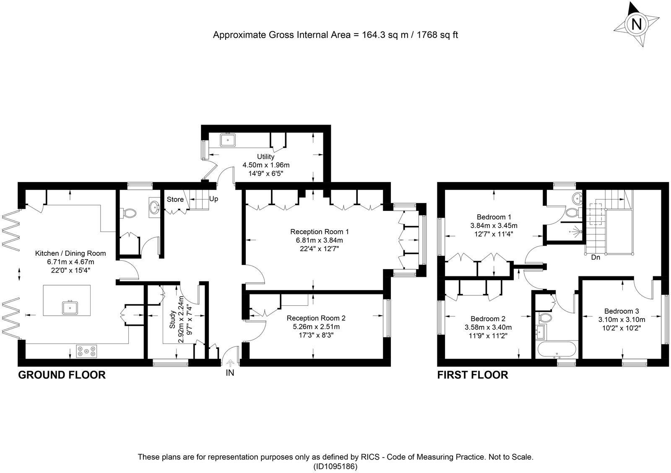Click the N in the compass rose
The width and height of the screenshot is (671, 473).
[x=636, y=25]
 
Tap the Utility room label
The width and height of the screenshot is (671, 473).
[x=265, y=156]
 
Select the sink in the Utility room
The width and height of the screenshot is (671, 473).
[x=228, y=140]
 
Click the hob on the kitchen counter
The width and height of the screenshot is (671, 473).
[x=86, y=351]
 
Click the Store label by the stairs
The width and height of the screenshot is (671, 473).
[x=175, y=199]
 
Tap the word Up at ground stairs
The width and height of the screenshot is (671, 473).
[x=213, y=199]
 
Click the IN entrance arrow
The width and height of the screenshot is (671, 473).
[x=230, y=364]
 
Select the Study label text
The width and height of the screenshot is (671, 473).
[x=172, y=320]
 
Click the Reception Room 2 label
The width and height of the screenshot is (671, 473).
[x=316, y=318]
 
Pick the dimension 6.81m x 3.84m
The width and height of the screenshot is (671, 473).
[x=319, y=240]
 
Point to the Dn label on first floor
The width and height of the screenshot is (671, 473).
[x=596, y=257]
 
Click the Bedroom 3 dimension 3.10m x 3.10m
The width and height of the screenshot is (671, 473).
[x=622, y=320]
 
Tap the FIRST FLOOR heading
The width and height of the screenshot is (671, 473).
[x=473, y=375]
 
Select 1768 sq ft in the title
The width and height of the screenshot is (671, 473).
[x=437, y=35]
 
